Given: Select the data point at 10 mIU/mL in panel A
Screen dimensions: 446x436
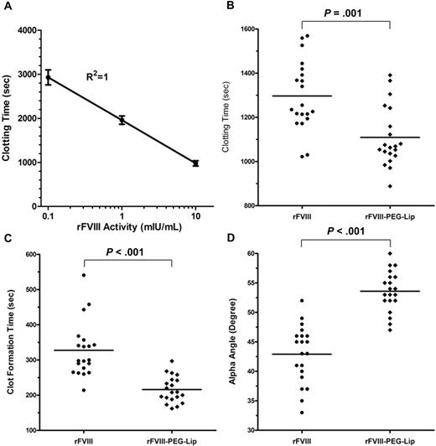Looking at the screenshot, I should (195, 163).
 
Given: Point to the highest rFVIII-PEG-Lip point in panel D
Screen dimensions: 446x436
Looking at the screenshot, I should (389, 253).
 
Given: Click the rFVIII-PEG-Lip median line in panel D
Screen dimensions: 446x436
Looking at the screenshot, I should (389, 291).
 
